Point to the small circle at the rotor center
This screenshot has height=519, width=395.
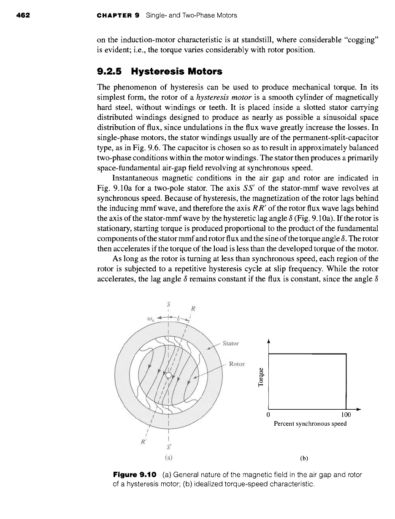click(168, 376)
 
